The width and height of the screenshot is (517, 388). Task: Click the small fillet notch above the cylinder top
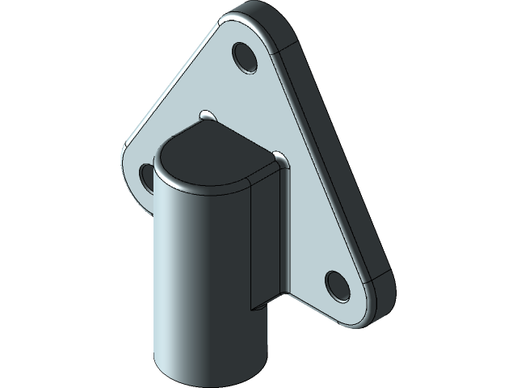coord(207,114)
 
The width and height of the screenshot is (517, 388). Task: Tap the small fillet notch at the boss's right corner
coord(279,155)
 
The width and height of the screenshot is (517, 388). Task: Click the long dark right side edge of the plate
coord(339,162)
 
